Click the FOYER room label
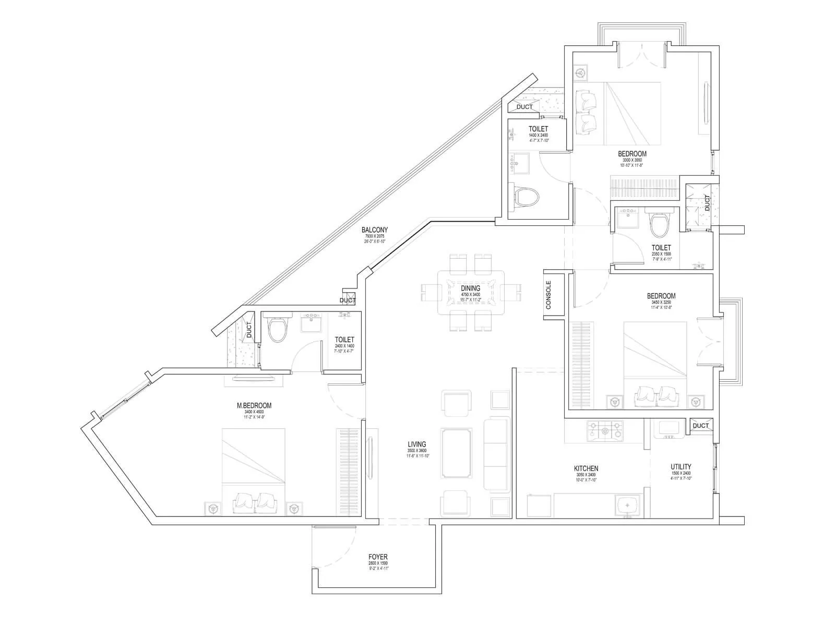click(x=378, y=557)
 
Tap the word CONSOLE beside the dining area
click(x=548, y=295)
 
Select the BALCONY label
click(x=375, y=230)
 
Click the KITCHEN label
click(x=586, y=468)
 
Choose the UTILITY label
click(x=681, y=467)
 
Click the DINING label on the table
click(x=470, y=288)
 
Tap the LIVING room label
click(x=416, y=444)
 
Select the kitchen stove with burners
click(x=605, y=430)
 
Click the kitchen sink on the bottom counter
click(x=625, y=506)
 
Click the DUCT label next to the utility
click(x=701, y=426)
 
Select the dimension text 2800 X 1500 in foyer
click(x=378, y=564)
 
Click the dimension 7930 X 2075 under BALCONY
click(x=375, y=236)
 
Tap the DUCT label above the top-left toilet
click(x=524, y=107)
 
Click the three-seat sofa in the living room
click(x=496, y=453)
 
